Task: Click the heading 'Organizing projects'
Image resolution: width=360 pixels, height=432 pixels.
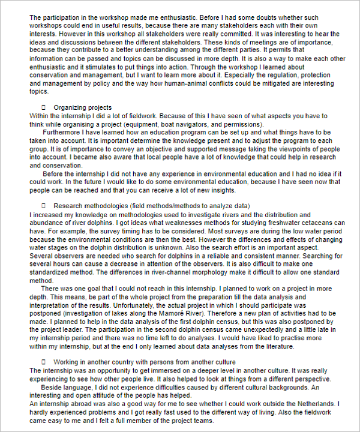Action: point(82,108)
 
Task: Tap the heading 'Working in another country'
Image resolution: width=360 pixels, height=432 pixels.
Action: point(144,362)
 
